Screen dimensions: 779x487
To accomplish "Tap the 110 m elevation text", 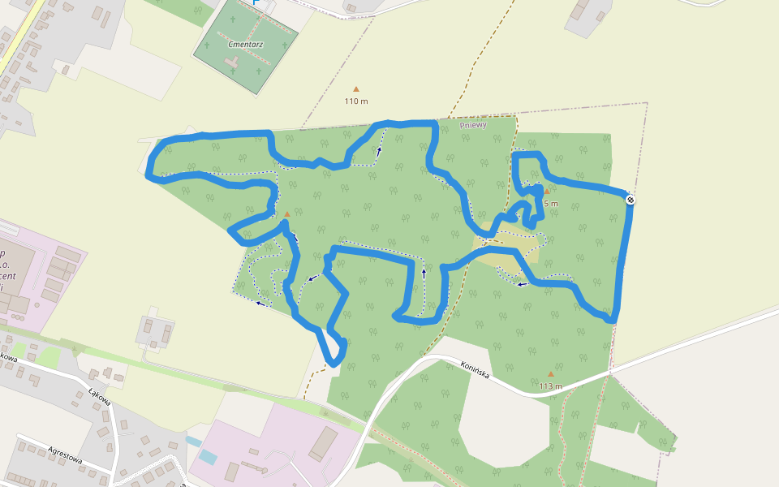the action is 356,101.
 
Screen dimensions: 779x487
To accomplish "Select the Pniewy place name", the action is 472,125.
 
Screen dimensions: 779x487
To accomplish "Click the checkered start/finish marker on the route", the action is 631,200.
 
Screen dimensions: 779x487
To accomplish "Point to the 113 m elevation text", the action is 550,386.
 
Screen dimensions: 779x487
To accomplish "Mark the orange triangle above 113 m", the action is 551,374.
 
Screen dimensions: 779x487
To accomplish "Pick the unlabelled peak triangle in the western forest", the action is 286,215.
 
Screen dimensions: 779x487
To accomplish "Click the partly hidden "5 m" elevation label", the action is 551,204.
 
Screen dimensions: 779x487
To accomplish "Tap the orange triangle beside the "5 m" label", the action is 547,192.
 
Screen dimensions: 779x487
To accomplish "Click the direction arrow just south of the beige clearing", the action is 522,284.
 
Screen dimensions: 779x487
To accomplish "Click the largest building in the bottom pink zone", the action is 325,443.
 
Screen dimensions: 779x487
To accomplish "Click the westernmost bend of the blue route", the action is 148,175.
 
